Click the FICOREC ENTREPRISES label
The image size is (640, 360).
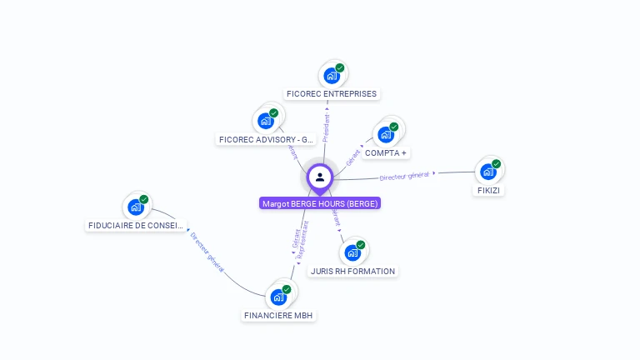click(332, 94)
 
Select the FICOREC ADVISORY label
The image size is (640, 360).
click(266, 139)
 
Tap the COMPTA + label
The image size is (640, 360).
click(386, 153)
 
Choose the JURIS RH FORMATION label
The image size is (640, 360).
click(352, 271)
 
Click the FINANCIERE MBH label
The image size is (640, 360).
click(279, 316)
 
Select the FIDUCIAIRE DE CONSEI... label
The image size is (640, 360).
click(137, 225)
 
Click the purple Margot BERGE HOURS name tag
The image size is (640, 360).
click(320, 203)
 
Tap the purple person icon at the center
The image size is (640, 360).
click(320, 177)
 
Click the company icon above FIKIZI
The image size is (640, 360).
click(488, 171)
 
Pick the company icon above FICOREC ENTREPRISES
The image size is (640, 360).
click(332, 75)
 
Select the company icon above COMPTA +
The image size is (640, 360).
click(386, 134)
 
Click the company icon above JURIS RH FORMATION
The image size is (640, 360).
click(353, 252)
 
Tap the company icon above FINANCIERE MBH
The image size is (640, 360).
click(278, 297)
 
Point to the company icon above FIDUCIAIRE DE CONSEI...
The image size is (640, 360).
click(136, 207)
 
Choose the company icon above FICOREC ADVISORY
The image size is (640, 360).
click(266, 121)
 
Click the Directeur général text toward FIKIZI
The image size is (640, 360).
click(404, 176)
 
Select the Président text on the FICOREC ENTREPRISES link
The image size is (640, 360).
click(326, 127)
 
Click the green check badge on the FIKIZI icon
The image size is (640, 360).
click(497, 164)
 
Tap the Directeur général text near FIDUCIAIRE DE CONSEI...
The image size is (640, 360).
click(207, 251)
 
